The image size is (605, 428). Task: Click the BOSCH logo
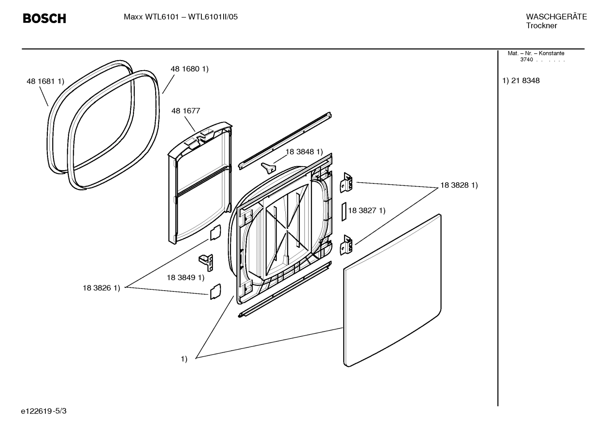tap(44, 18)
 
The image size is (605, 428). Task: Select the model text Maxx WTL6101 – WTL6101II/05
tap(180, 17)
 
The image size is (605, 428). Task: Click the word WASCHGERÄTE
tap(556, 17)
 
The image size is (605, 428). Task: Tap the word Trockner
tap(541, 26)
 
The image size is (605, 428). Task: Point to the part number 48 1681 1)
tap(45, 81)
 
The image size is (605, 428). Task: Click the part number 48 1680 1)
tap(189, 69)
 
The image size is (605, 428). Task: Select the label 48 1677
tap(185, 111)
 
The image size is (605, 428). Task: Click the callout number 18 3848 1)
tap(304, 152)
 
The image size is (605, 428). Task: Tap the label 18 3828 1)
tap(459, 185)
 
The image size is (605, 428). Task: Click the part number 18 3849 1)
tap(185, 278)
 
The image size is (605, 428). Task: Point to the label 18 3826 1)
tap(101, 288)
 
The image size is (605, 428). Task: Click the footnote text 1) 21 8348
tap(521, 81)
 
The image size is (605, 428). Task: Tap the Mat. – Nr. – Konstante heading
tap(536, 53)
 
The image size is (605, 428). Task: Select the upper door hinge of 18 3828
tap(346, 183)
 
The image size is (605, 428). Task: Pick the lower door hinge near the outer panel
tap(346, 244)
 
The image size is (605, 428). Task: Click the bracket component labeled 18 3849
tap(207, 262)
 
